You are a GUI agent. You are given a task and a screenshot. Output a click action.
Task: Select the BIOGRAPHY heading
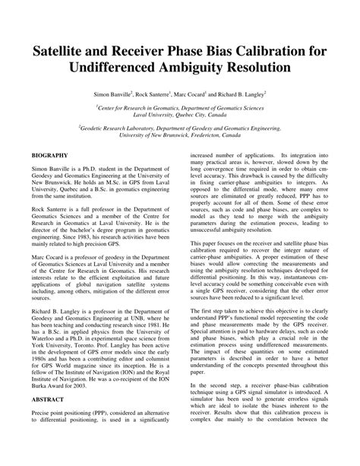(x=51, y=154)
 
